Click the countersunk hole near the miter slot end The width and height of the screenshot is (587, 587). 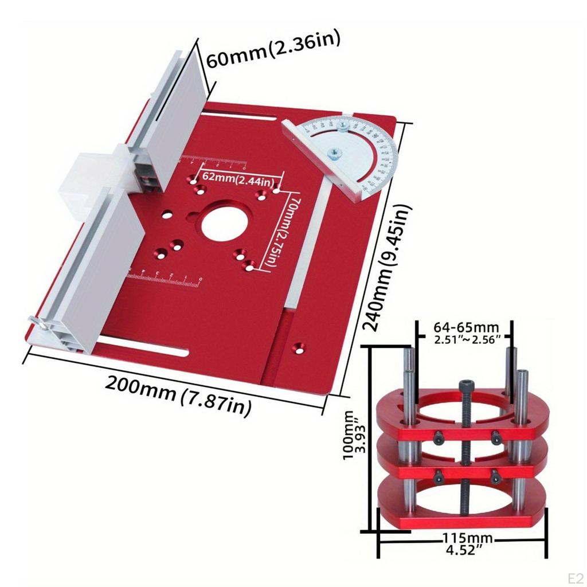(x=298, y=347)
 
